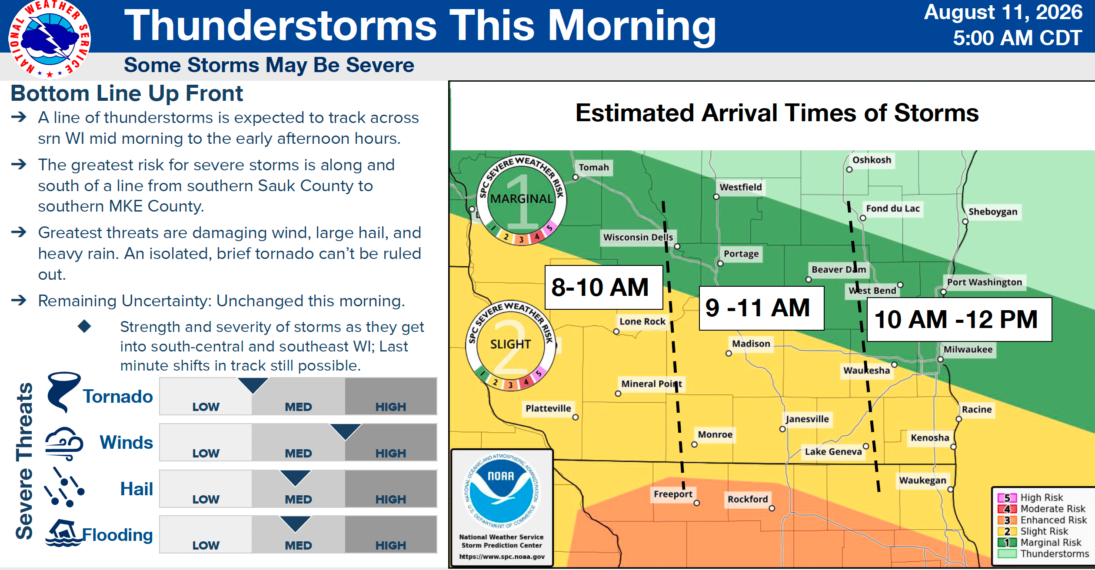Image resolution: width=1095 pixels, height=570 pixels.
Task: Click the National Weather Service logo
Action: click(x=49, y=39)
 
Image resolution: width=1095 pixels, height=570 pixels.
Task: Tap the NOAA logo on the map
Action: click(x=502, y=491)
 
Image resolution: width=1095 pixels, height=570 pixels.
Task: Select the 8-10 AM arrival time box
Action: click(x=604, y=287)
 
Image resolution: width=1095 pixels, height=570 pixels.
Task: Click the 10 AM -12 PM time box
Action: click(x=959, y=319)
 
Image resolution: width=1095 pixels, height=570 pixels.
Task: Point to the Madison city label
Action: click(x=751, y=344)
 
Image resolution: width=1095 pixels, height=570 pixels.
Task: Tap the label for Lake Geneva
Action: click(x=833, y=451)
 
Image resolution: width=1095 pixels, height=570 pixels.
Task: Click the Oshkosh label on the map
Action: click(x=872, y=160)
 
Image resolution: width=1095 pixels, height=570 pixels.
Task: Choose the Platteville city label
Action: click(x=548, y=408)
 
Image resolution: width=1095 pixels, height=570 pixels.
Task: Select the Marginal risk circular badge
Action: click(x=522, y=199)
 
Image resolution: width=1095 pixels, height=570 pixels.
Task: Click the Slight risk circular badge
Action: click(x=510, y=345)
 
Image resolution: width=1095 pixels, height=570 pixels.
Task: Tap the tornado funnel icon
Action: click(x=63, y=391)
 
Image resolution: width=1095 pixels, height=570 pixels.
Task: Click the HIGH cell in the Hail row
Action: click(x=391, y=488)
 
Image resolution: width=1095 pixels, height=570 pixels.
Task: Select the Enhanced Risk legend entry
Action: click(x=1042, y=520)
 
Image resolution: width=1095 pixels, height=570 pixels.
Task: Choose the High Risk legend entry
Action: click(x=1030, y=497)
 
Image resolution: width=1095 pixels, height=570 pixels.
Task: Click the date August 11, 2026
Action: click(x=1003, y=13)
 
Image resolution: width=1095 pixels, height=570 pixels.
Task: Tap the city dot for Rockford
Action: click(x=772, y=508)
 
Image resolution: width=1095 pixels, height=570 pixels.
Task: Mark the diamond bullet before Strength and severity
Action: click(x=84, y=326)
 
